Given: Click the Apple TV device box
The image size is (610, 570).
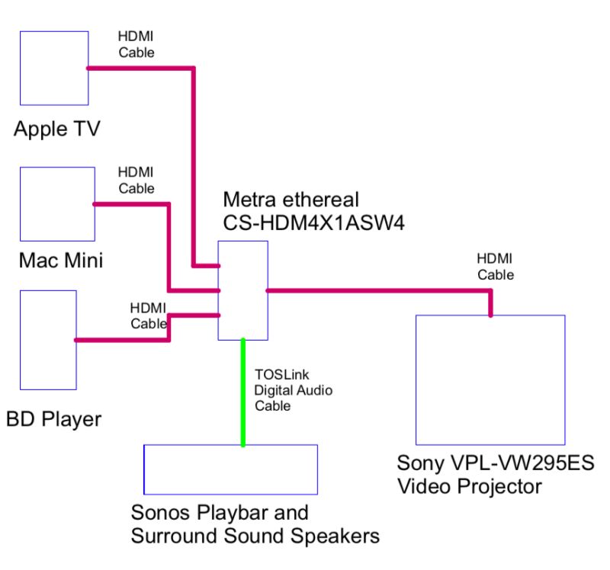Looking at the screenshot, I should [54, 68].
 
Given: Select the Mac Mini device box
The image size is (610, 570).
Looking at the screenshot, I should [56, 203].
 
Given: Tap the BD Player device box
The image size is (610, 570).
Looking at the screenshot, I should [48, 339].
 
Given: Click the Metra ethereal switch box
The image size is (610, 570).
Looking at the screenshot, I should [242, 290].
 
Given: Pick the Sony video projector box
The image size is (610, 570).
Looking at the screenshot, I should [490, 379].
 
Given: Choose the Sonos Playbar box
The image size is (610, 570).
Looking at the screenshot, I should [230, 469].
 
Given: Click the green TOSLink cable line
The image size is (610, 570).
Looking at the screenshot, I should [243, 392].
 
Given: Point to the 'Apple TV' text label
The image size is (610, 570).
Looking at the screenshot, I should [56, 128].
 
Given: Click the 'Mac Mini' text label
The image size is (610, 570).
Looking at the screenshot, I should [60, 262].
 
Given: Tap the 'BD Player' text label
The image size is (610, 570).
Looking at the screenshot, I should [53, 419].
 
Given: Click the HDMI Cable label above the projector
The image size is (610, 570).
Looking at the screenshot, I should [495, 267].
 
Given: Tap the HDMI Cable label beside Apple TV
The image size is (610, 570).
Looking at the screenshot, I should [136, 45].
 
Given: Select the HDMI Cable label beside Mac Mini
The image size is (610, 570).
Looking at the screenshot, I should [136, 181].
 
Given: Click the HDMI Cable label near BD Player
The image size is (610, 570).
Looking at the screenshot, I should [148, 315].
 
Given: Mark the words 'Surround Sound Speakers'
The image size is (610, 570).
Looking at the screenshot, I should [255, 536].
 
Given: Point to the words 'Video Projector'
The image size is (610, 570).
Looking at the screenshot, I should [470, 486].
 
